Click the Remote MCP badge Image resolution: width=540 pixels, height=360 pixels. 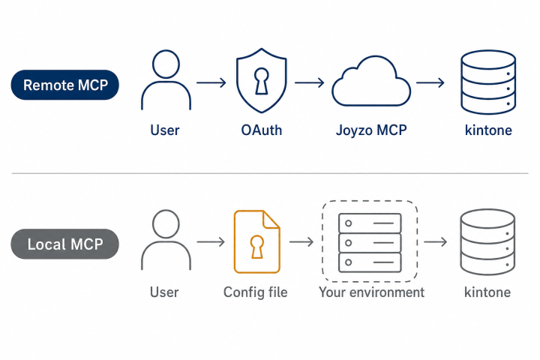pyautogui.click(x=65, y=85)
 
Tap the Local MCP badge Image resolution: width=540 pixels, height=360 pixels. pyautogui.click(x=65, y=244)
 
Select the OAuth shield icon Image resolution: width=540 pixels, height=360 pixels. pyautogui.click(x=262, y=80)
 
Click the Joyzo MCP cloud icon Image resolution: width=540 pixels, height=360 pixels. pyautogui.click(x=371, y=81)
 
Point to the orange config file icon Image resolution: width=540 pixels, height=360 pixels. pyautogui.click(x=257, y=241)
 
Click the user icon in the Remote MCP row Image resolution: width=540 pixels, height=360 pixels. pyautogui.click(x=166, y=80)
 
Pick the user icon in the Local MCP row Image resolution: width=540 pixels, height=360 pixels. pyautogui.click(x=166, y=240)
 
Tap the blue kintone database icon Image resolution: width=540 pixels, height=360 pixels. pyautogui.click(x=488, y=82)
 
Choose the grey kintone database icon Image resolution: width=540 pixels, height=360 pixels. pyautogui.click(x=487, y=241)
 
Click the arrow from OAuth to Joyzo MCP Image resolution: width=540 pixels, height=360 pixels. pyautogui.click(x=309, y=82)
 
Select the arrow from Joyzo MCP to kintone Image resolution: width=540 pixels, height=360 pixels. pyautogui.click(x=430, y=82)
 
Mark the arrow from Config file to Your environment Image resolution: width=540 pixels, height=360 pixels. pyautogui.click(x=301, y=241)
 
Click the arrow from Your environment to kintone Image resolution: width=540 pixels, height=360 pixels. pyautogui.click(x=435, y=241)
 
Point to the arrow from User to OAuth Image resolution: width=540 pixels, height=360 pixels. pyautogui.click(x=211, y=82)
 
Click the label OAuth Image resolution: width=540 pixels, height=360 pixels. pyautogui.click(x=262, y=130)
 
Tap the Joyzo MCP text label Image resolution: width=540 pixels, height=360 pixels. pyautogui.click(x=371, y=130)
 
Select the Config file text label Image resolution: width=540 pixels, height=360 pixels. pyautogui.click(x=256, y=292)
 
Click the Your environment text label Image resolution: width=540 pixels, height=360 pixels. pyautogui.click(x=371, y=292)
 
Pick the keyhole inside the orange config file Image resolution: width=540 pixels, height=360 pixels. pyautogui.click(x=257, y=247)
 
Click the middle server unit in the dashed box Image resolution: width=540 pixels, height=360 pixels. pyautogui.click(x=370, y=243)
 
